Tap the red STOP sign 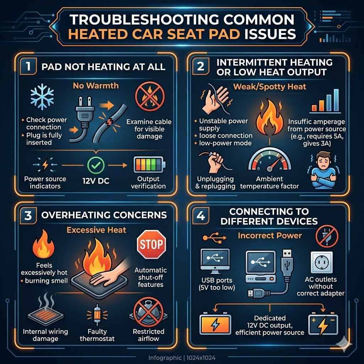tap(151, 244)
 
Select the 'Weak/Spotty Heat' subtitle tap(269, 86)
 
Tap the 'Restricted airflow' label tap(148, 335)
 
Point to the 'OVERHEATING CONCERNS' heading tap(104, 215)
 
